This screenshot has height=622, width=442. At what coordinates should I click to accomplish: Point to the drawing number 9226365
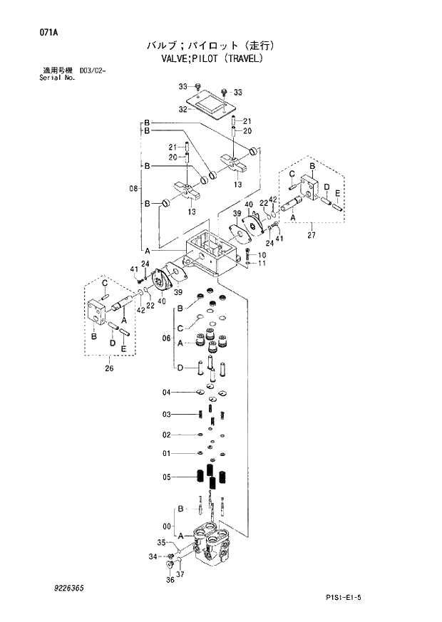pyautogui.click(x=68, y=589)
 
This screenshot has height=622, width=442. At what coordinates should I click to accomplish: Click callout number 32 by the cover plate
pyautogui.click(x=183, y=109)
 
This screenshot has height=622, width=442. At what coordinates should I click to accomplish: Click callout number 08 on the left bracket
pyautogui.click(x=133, y=189)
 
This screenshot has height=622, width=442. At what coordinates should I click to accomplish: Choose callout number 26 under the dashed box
pyautogui.click(x=108, y=368)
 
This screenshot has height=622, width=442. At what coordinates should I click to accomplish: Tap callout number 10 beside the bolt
pyautogui.click(x=262, y=254)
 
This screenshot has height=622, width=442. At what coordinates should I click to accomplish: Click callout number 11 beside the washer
pyautogui.click(x=262, y=264)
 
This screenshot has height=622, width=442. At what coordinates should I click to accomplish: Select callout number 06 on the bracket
pyautogui.click(x=167, y=337)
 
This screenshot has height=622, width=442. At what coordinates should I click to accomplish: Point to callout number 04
pyautogui.click(x=166, y=392)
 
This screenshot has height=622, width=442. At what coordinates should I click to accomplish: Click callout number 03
pyautogui.click(x=166, y=414)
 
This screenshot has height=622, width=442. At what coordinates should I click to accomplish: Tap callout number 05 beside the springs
pyautogui.click(x=166, y=477)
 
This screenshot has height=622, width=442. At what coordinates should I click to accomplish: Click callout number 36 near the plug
pyautogui.click(x=170, y=580)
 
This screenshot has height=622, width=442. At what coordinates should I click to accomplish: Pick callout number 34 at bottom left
pyautogui.click(x=152, y=556)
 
